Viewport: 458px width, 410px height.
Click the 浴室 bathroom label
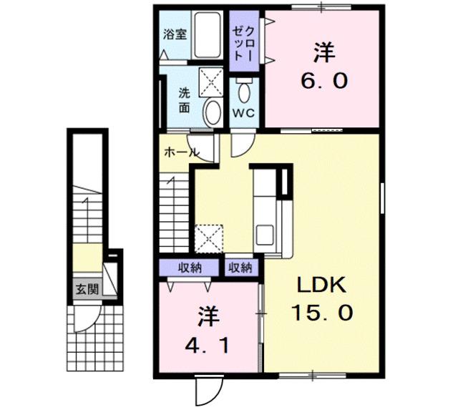175,34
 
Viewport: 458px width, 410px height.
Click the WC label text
243,113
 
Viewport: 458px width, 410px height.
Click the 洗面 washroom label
185,99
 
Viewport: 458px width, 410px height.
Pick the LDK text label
321,286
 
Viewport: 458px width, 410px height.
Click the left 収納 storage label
189,268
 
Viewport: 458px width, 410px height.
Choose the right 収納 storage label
240,268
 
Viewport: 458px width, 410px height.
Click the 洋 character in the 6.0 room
324,52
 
